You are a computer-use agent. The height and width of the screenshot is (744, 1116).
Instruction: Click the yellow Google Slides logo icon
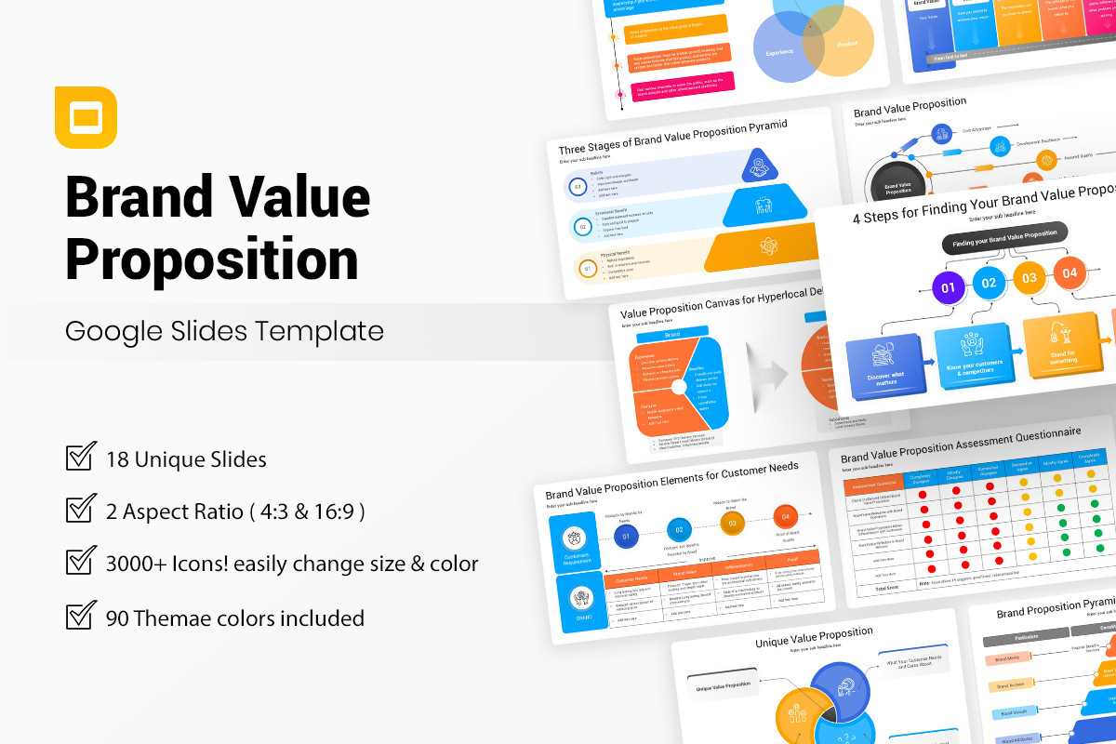pyautogui.click(x=86, y=117)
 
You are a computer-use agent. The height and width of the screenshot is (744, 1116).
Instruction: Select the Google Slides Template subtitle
pyautogui.click(x=224, y=330)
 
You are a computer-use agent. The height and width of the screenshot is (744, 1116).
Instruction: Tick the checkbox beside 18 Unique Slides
pyautogui.click(x=81, y=458)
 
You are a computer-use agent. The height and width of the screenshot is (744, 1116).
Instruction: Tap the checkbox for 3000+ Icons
pyautogui.click(x=81, y=563)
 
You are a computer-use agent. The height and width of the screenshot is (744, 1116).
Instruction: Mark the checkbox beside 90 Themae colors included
pyautogui.click(x=81, y=616)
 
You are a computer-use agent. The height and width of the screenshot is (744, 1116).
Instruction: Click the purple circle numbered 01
pyautogui.click(x=948, y=287)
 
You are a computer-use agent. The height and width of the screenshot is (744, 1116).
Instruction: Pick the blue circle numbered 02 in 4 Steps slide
pyautogui.click(x=989, y=282)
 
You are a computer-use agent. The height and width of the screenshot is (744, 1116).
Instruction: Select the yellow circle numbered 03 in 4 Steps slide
pyautogui.click(x=1030, y=277)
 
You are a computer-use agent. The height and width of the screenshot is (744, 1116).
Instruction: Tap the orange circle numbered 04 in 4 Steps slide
pyautogui.click(x=1069, y=272)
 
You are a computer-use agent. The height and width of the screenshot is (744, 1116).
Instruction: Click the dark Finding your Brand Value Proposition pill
pyautogui.click(x=1004, y=237)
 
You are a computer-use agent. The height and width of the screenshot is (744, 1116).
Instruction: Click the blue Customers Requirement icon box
pyautogui.click(x=575, y=544)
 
